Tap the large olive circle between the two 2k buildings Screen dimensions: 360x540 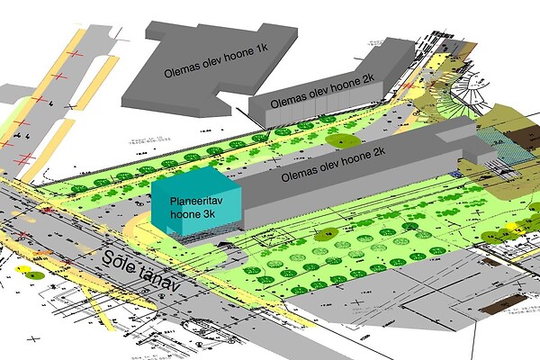point(343,140)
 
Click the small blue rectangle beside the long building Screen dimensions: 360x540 point(465,171)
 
